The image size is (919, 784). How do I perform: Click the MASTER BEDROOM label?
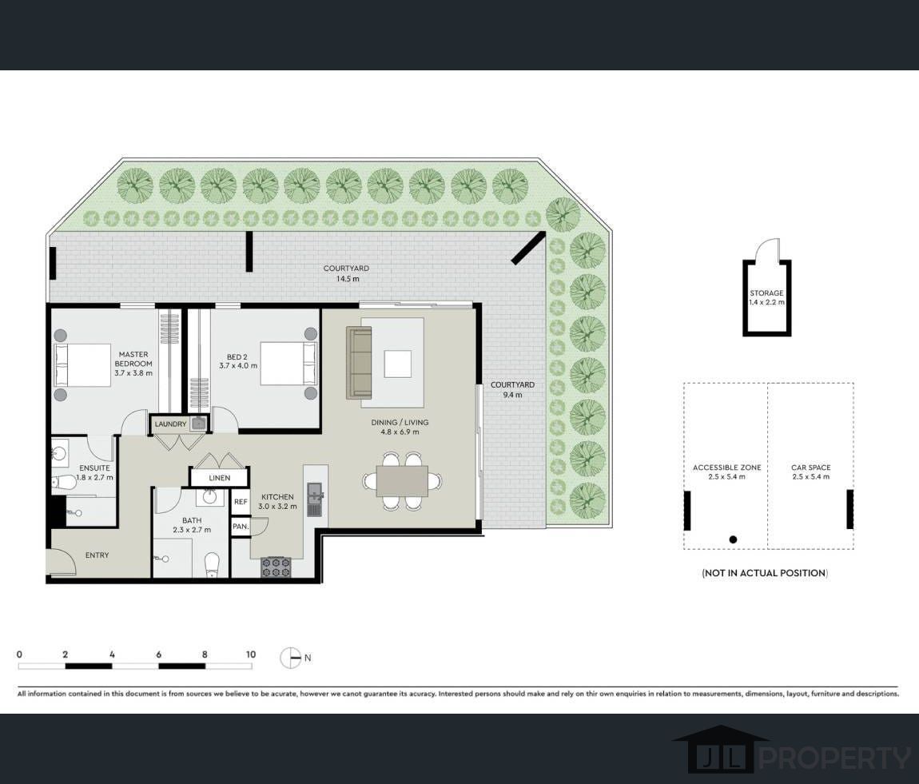[x=133, y=359]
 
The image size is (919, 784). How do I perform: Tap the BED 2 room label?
[x=237, y=357]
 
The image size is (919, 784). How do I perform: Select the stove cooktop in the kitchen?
[x=276, y=567]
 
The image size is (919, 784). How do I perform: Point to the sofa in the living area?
[x=360, y=363]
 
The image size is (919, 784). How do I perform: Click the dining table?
[x=402, y=481]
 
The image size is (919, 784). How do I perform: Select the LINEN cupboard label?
[x=219, y=478]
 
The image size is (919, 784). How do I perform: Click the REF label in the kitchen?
[x=241, y=502]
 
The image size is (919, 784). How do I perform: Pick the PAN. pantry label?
[x=241, y=527]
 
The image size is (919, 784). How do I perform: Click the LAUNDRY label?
[x=170, y=424]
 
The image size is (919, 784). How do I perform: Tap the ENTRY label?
[x=97, y=555]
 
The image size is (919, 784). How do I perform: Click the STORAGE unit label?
[x=766, y=293]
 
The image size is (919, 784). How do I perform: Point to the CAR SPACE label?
[x=810, y=468]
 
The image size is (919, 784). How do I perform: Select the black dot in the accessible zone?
[x=733, y=539]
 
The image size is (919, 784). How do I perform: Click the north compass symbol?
[x=290, y=658]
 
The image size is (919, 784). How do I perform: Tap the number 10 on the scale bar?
[x=251, y=655]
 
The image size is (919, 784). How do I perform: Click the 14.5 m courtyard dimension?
[x=348, y=279]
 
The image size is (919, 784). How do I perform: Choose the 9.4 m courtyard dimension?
[x=512, y=395]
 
